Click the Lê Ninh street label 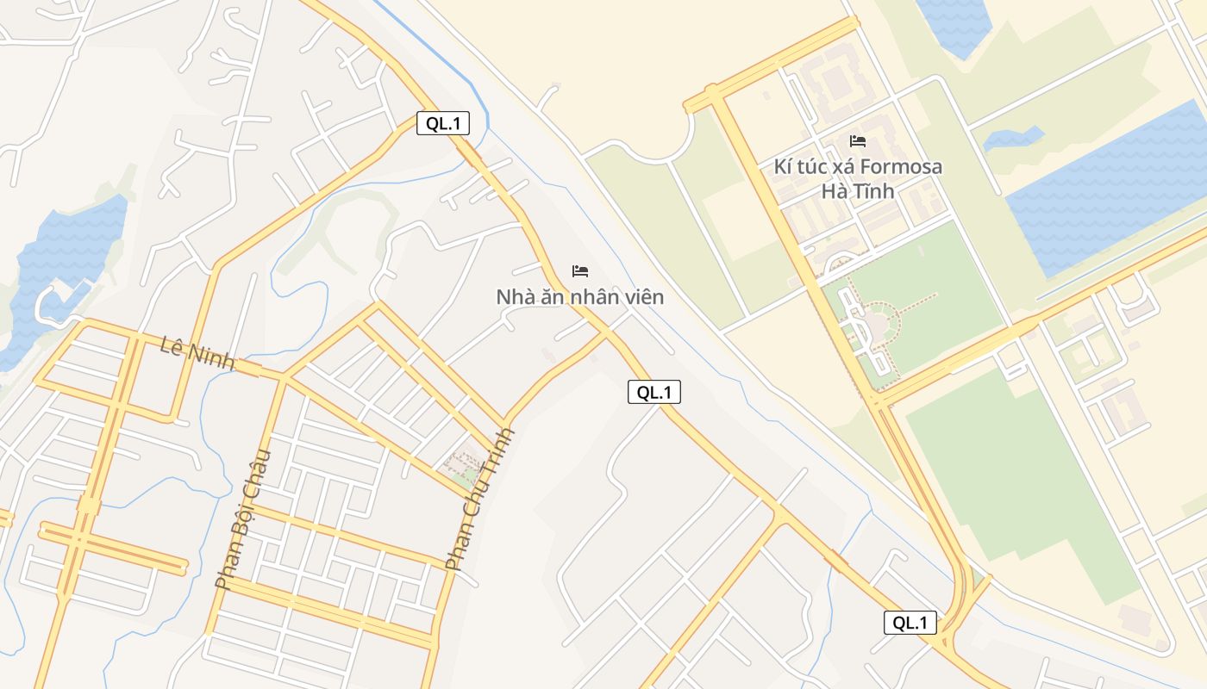click(x=197, y=352)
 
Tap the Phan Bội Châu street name click(x=243, y=518)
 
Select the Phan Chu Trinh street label click(x=479, y=499)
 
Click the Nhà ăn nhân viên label click(x=579, y=297)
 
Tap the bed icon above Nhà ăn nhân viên click(x=580, y=271)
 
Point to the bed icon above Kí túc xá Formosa click(x=857, y=141)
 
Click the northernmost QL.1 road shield click(x=443, y=123)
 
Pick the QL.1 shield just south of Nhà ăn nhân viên click(x=654, y=393)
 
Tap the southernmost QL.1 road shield click(x=910, y=623)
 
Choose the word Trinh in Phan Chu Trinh click(x=499, y=452)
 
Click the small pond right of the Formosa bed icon click(x=1012, y=138)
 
